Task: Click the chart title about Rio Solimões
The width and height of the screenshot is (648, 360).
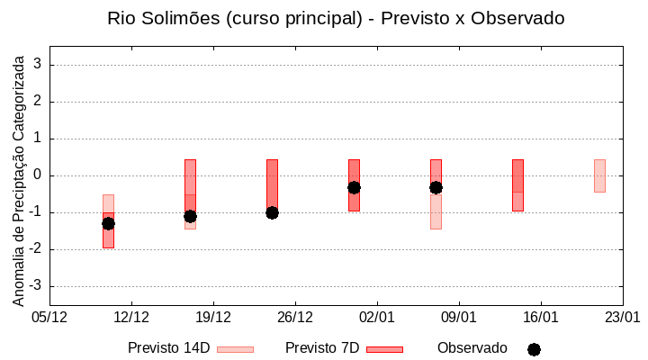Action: click(x=335, y=18)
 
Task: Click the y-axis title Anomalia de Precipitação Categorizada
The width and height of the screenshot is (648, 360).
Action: click(x=18, y=177)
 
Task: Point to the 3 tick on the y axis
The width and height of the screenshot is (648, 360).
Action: click(x=39, y=65)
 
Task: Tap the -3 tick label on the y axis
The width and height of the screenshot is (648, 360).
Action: click(x=36, y=286)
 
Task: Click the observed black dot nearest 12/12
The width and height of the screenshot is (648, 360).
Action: click(x=108, y=223)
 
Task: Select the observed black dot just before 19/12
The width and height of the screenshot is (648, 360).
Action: click(x=190, y=216)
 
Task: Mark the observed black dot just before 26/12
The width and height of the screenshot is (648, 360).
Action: click(x=272, y=212)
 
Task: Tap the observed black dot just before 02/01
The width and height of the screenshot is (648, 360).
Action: click(x=354, y=187)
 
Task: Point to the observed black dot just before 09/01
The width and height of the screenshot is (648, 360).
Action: click(x=436, y=187)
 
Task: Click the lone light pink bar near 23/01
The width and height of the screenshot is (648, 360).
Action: click(x=599, y=175)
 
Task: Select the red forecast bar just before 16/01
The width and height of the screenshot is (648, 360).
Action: click(x=517, y=184)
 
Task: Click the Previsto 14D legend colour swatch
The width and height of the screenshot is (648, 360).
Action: click(x=235, y=349)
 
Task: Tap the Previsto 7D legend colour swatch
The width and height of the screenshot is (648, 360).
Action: click(x=384, y=349)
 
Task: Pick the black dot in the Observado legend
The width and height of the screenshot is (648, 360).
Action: click(x=534, y=349)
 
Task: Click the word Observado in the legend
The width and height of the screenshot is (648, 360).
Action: click(x=472, y=347)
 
